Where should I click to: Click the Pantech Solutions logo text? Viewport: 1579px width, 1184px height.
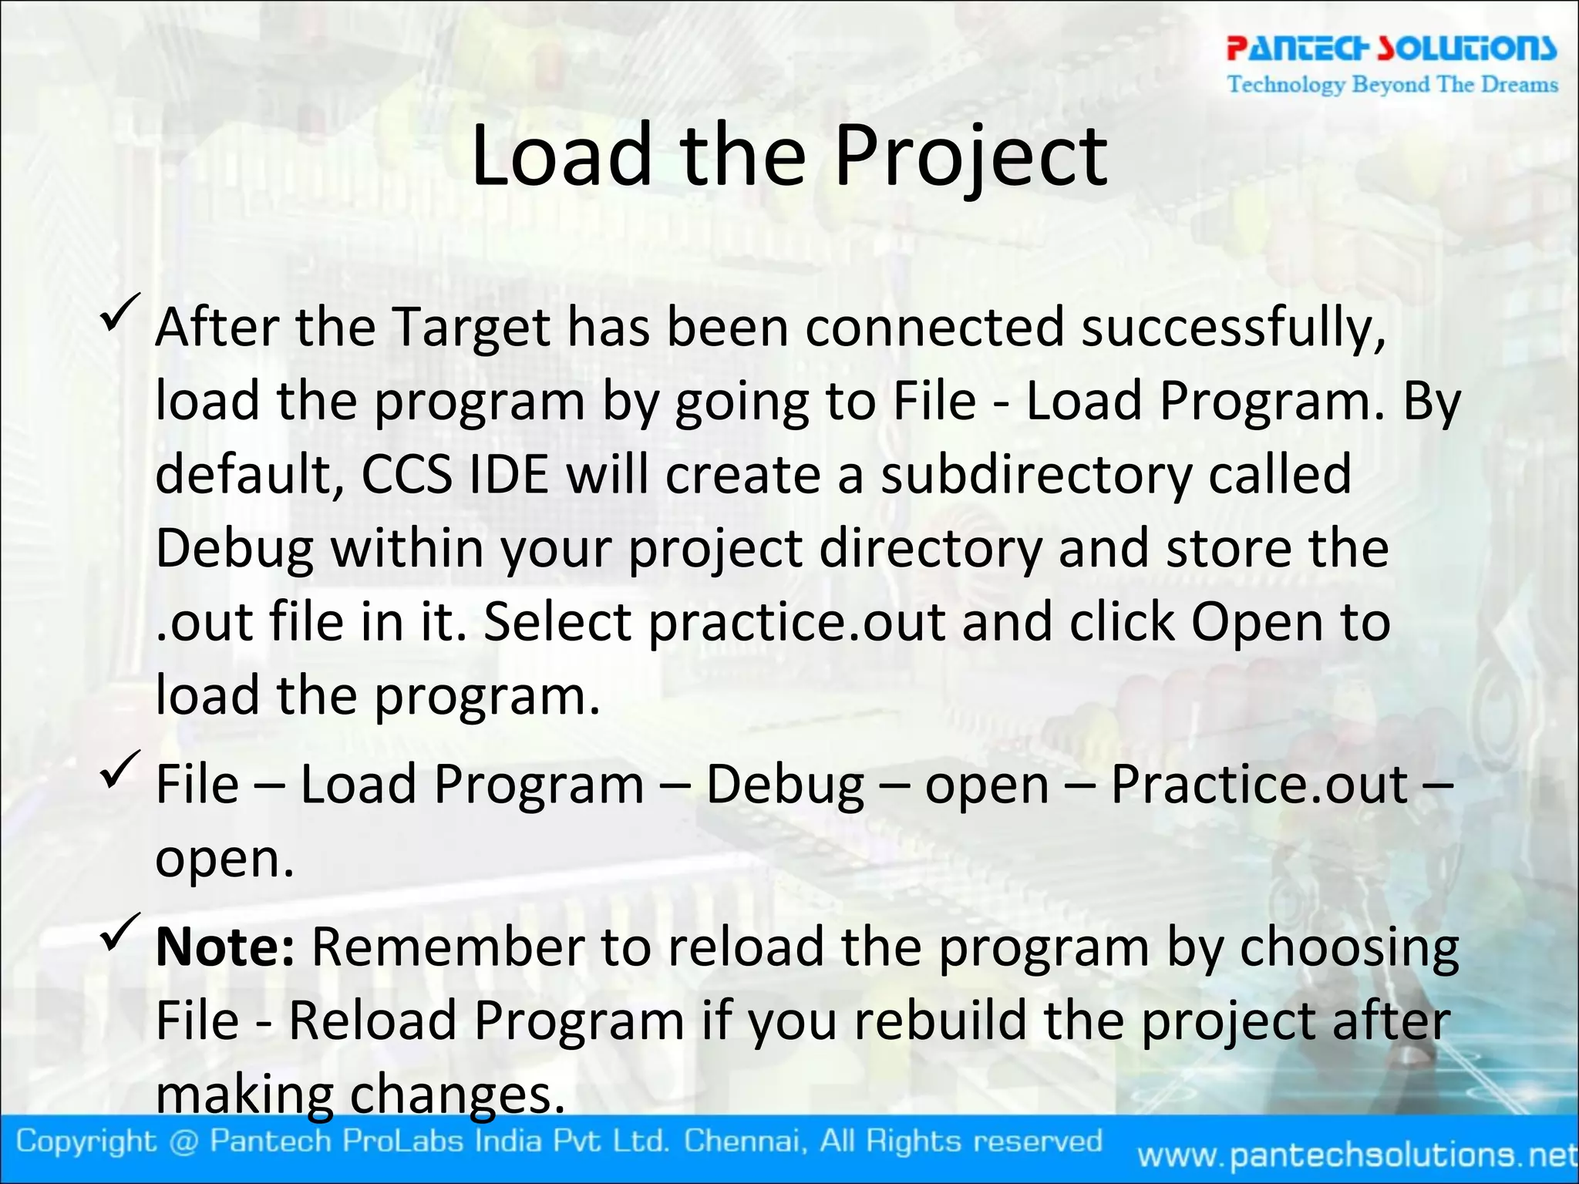[1391, 48]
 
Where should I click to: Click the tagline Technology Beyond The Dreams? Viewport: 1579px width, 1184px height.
[1392, 84]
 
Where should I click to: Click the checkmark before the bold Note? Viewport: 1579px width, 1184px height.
[120, 930]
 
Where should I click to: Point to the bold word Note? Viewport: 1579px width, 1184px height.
[224, 947]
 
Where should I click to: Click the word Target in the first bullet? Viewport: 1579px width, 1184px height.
[472, 328]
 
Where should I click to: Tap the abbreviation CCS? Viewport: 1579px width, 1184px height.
[406, 474]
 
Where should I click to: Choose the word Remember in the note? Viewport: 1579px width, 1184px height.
[447, 947]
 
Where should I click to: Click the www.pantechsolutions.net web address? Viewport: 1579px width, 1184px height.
[1357, 1155]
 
